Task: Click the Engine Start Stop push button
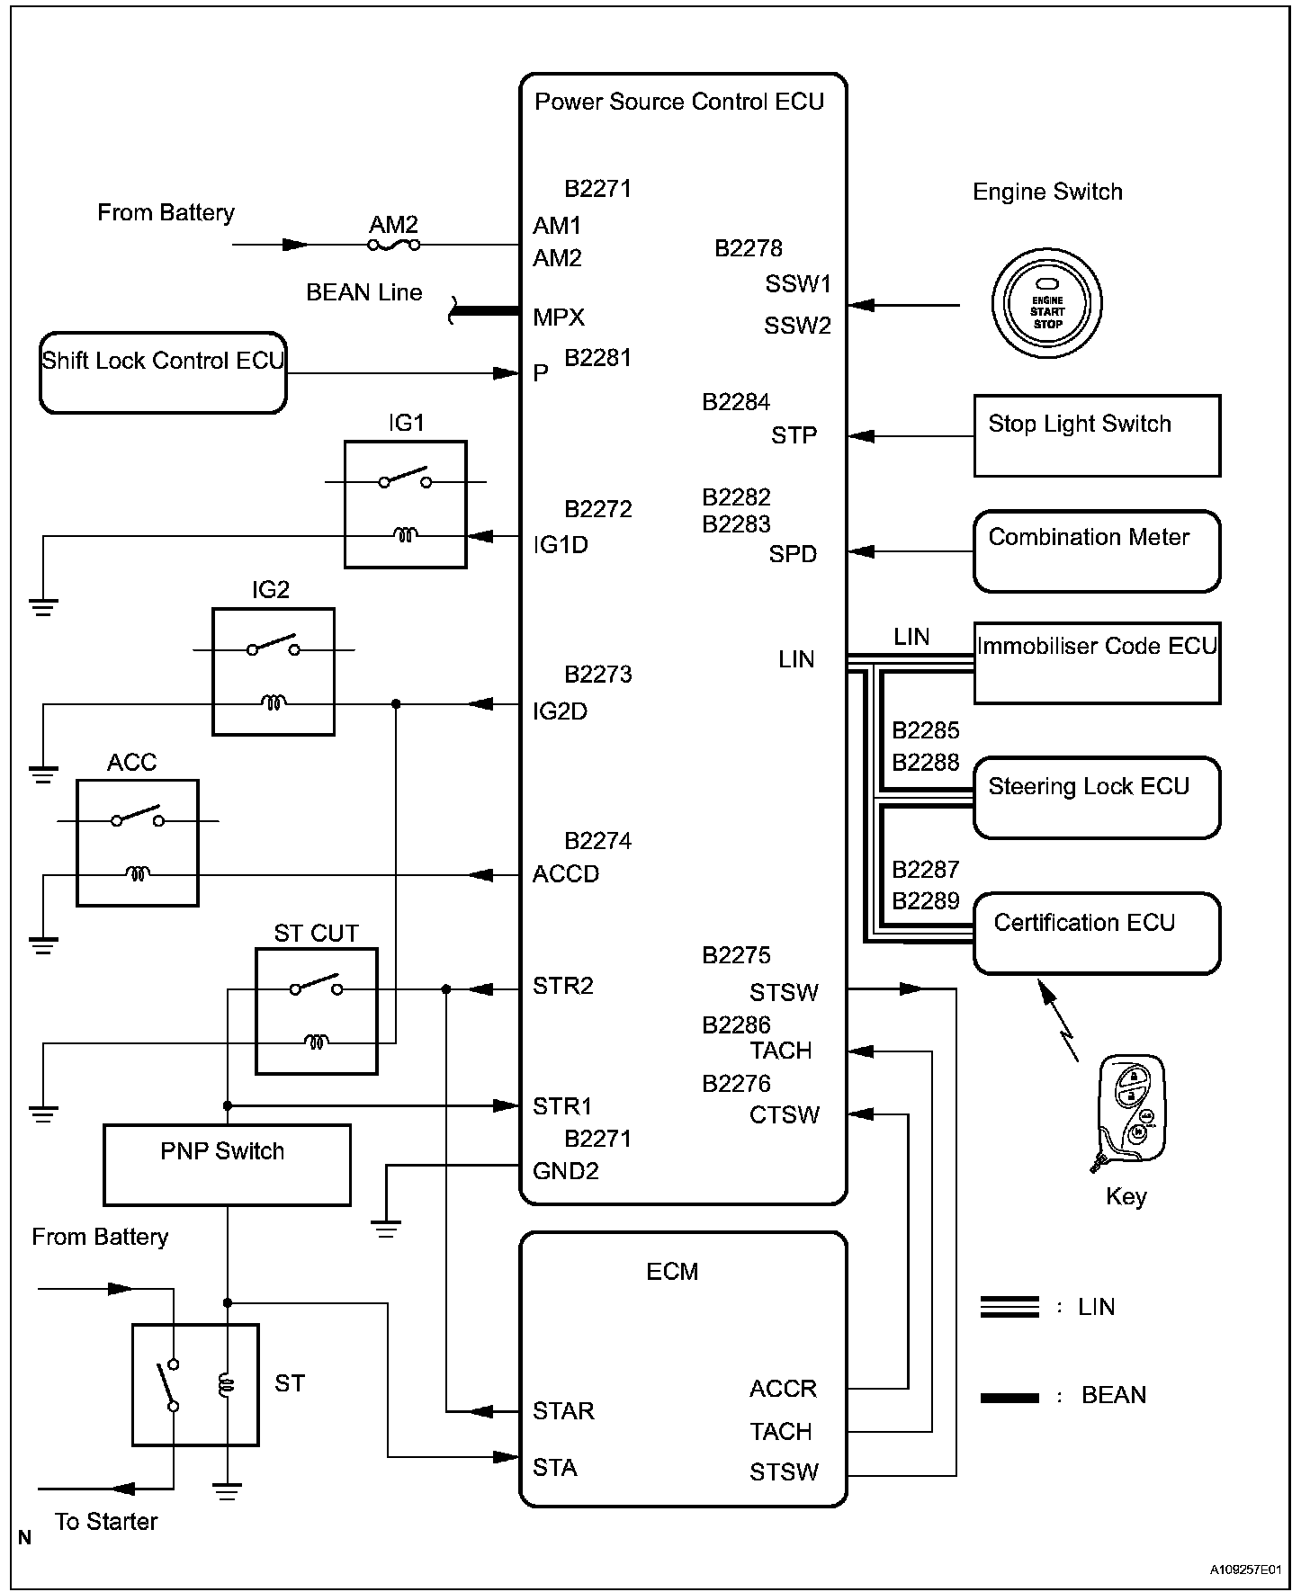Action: [1046, 304]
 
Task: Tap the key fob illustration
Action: [1129, 1113]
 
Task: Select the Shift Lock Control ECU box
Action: [163, 372]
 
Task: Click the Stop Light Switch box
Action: [1097, 435]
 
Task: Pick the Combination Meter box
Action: [1097, 550]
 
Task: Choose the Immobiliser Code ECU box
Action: [1097, 663]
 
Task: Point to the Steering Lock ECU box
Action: [1097, 798]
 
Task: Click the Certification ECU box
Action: [1097, 933]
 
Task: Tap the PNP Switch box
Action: [227, 1165]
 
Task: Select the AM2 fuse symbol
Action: [393, 244]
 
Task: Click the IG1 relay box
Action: [406, 505]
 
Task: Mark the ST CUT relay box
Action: [317, 1011]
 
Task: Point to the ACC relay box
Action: [138, 843]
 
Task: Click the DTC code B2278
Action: [749, 248]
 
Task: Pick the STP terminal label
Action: [794, 435]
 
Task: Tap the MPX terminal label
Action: [559, 318]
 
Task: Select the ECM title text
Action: [672, 1271]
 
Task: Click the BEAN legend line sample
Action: [1009, 1397]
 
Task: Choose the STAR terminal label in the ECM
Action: [563, 1410]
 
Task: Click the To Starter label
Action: [106, 1521]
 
